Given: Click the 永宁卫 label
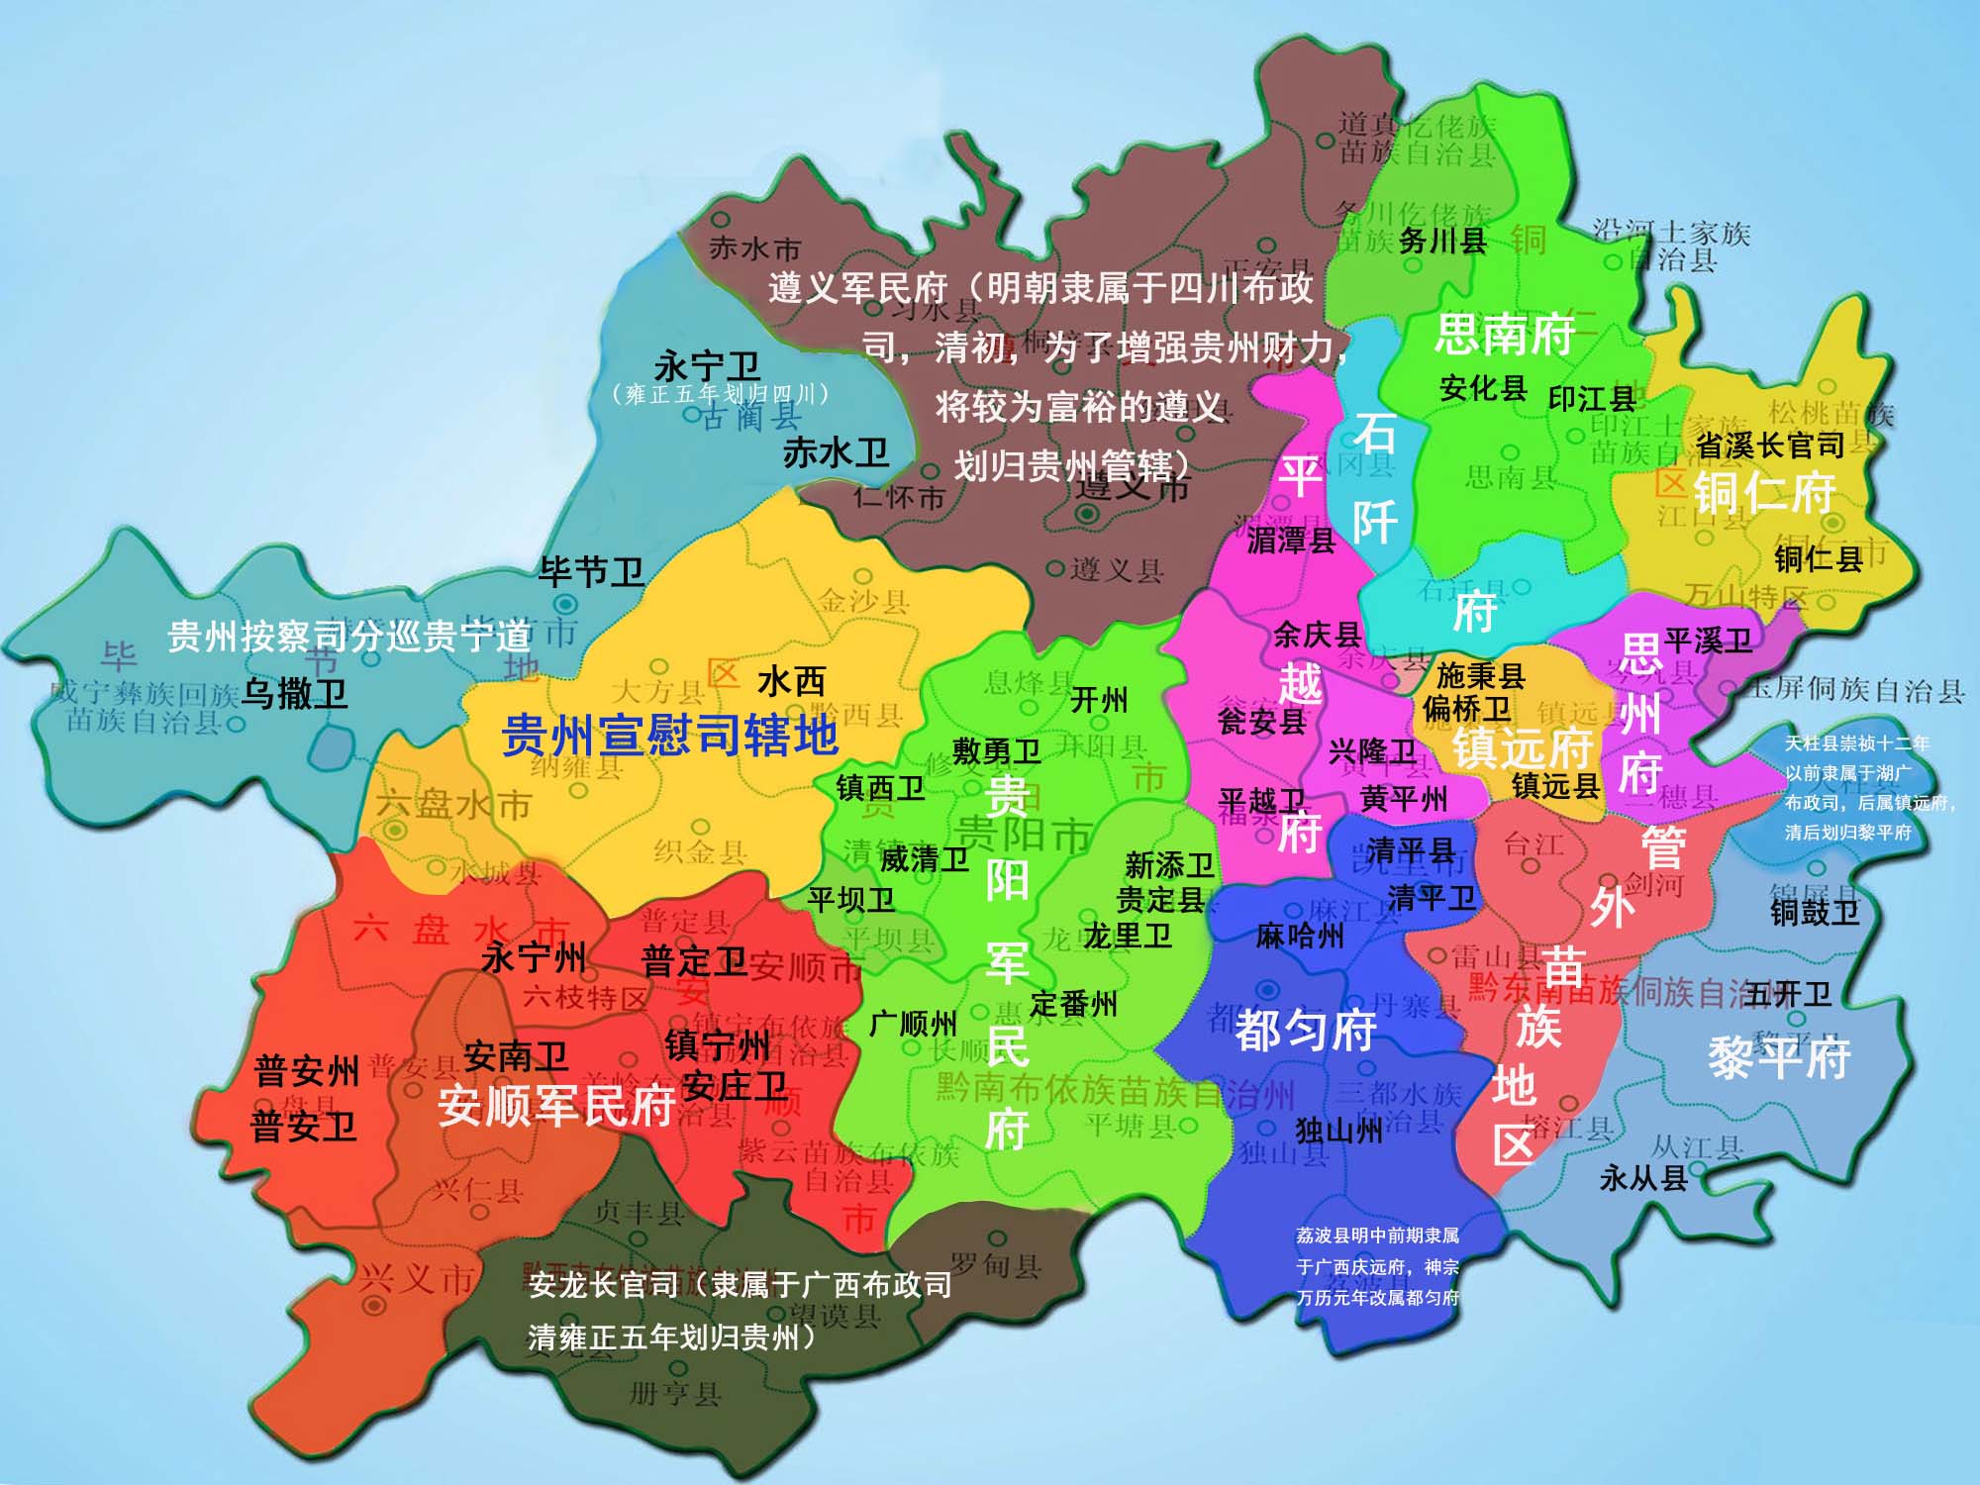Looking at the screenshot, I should (707, 365).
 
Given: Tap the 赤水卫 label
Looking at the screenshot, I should (836, 453).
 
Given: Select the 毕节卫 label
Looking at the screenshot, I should (591, 571).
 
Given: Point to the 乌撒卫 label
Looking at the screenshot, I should (294, 693).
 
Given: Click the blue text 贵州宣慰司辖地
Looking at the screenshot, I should (670, 736).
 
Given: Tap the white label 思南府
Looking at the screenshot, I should (1505, 334).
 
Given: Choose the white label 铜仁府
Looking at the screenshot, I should (1764, 492).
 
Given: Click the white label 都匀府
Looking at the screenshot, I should (1305, 1031).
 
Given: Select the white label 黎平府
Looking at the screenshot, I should (1779, 1057).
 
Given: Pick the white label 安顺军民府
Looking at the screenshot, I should (556, 1105).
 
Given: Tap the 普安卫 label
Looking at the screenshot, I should (303, 1127).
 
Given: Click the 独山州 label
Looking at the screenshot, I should (1338, 1130).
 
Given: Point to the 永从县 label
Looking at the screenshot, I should (1643, 1178).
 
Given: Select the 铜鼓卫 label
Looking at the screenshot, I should (1815, 911).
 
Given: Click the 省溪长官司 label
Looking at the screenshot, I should (1770, 445).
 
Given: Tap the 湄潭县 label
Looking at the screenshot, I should (1291, 541).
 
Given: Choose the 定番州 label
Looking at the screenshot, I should (1073, 1004).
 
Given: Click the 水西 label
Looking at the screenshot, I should (791, 681).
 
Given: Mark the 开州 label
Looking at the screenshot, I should (1099, 700).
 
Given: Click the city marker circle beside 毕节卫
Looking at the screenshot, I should (565, 603).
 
